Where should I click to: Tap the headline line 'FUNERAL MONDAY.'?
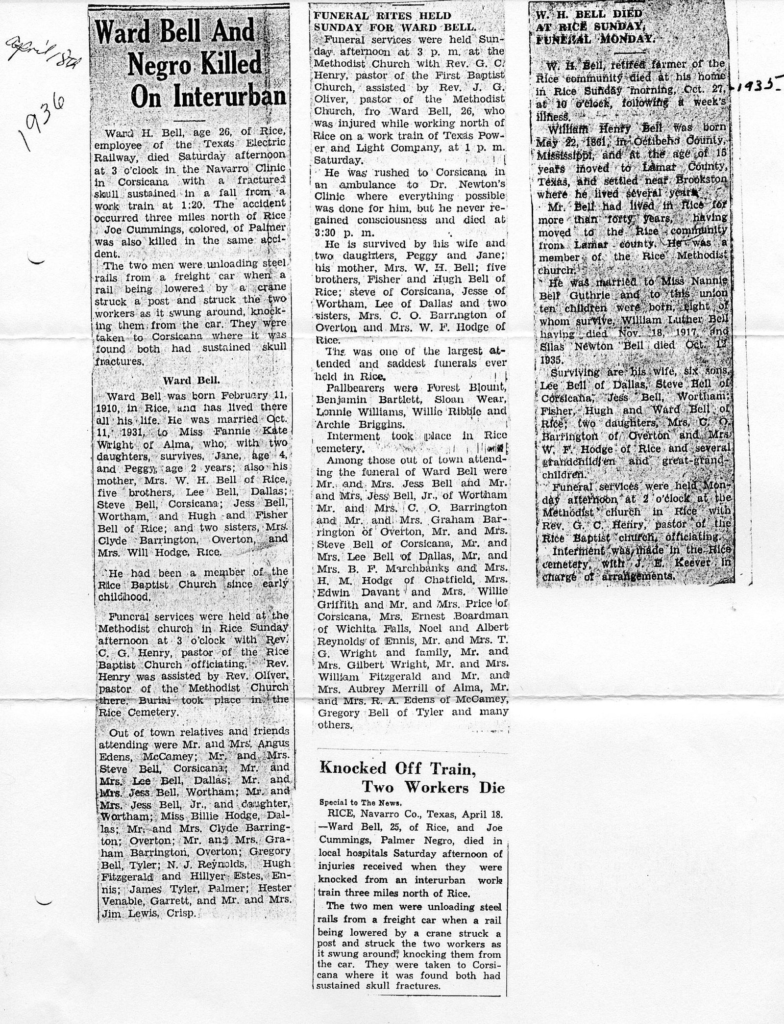[x=596, y=41]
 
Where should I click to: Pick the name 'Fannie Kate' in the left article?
[x=245, y=432]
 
